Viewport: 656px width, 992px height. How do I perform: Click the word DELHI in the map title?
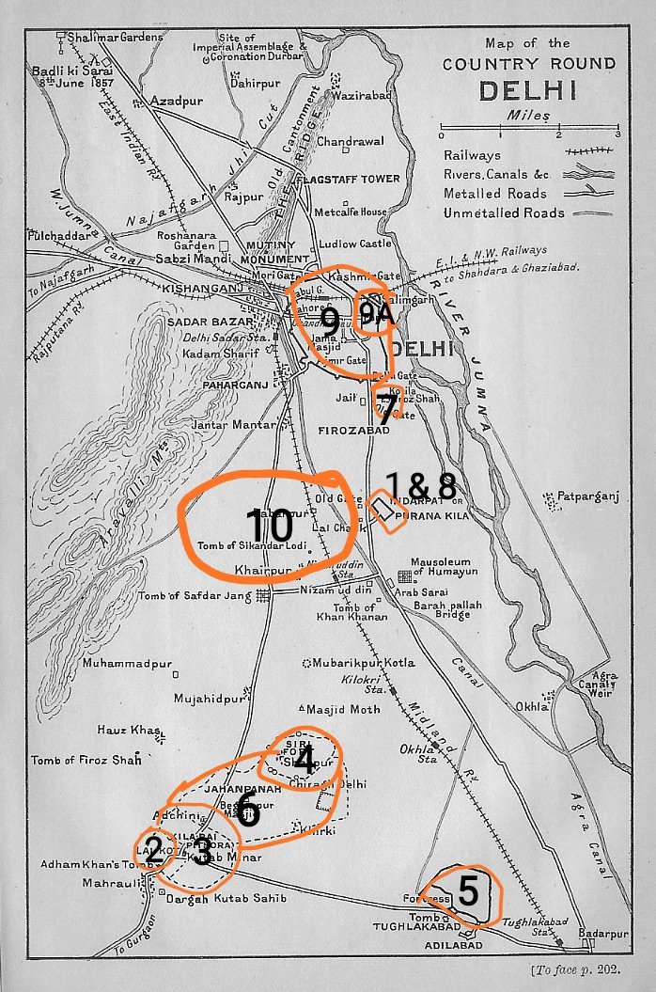[x=526, y=90]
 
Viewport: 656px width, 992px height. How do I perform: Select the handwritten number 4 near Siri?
[x=303, y=760]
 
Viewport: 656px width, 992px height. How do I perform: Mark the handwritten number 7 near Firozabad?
[x=386, y=409]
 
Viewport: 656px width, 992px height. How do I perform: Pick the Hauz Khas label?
[x=126, y=730]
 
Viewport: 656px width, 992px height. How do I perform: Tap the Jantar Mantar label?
[x=224, y=425]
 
